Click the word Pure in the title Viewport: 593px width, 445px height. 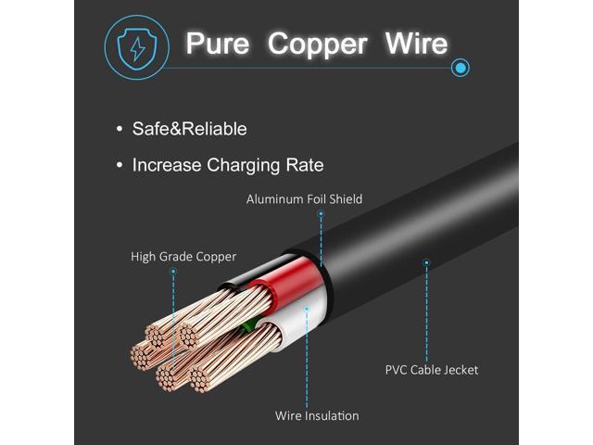point(218,44)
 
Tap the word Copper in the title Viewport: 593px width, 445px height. point(317,45)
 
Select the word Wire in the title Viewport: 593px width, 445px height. point(416,44)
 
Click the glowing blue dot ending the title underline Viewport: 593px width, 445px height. point(461,68)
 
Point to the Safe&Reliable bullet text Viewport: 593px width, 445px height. point(189,129)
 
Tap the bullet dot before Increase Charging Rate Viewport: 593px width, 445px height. point(120,165)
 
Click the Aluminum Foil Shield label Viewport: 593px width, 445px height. point(305,199)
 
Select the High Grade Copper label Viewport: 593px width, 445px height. point(183,257)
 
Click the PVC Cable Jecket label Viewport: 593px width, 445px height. point(432,370)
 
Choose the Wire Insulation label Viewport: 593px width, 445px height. point(317,416)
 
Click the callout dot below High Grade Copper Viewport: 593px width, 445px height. point(173,272)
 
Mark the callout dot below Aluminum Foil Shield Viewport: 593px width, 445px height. point(321,214)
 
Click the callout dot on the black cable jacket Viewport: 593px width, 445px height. point(426,262)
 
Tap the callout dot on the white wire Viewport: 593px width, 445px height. point(307,309)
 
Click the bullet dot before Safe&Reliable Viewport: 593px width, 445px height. point(120,129)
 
